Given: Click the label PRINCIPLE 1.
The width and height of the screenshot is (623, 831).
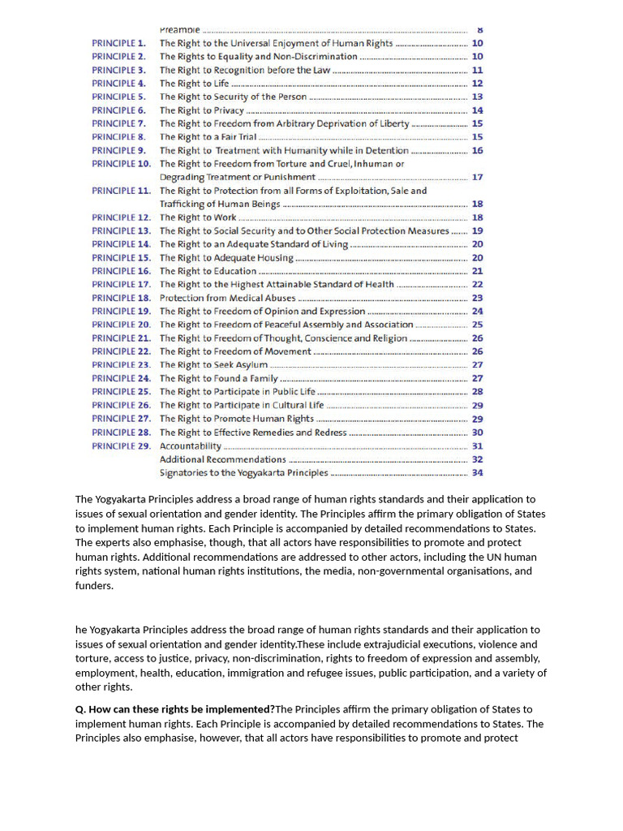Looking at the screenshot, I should pos(118,43).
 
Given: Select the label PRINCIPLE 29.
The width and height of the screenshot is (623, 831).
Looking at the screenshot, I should pos(121,446).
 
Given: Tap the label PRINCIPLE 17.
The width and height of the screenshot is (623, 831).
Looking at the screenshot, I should pos(121,284).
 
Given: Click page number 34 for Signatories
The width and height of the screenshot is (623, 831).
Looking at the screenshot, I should pos(477,472).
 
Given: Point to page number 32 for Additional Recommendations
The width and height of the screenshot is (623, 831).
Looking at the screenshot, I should pos(477,459).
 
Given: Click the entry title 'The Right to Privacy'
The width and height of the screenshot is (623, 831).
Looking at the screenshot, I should pos(201,110).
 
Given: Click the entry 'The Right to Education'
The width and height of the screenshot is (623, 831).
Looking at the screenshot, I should pos(208,271).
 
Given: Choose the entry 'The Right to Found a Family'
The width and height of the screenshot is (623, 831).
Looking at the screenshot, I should pos(218,378).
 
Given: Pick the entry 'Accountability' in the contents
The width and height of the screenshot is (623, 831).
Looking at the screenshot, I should pos(190,446).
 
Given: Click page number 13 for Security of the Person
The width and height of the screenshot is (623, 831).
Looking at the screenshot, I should pos(477,97).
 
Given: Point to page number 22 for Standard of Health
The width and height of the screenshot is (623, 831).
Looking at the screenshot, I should pos(477,284).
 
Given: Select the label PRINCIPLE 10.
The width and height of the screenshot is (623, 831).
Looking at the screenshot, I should pos(121,164).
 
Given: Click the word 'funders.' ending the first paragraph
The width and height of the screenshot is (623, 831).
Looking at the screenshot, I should pos(94,586).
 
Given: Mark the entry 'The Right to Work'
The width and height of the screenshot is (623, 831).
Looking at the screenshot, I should pos(198,217).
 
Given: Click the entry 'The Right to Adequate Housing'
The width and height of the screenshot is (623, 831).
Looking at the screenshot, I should pos(226,257).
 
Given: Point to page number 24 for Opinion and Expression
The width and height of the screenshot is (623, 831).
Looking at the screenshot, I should pos(477,311).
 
